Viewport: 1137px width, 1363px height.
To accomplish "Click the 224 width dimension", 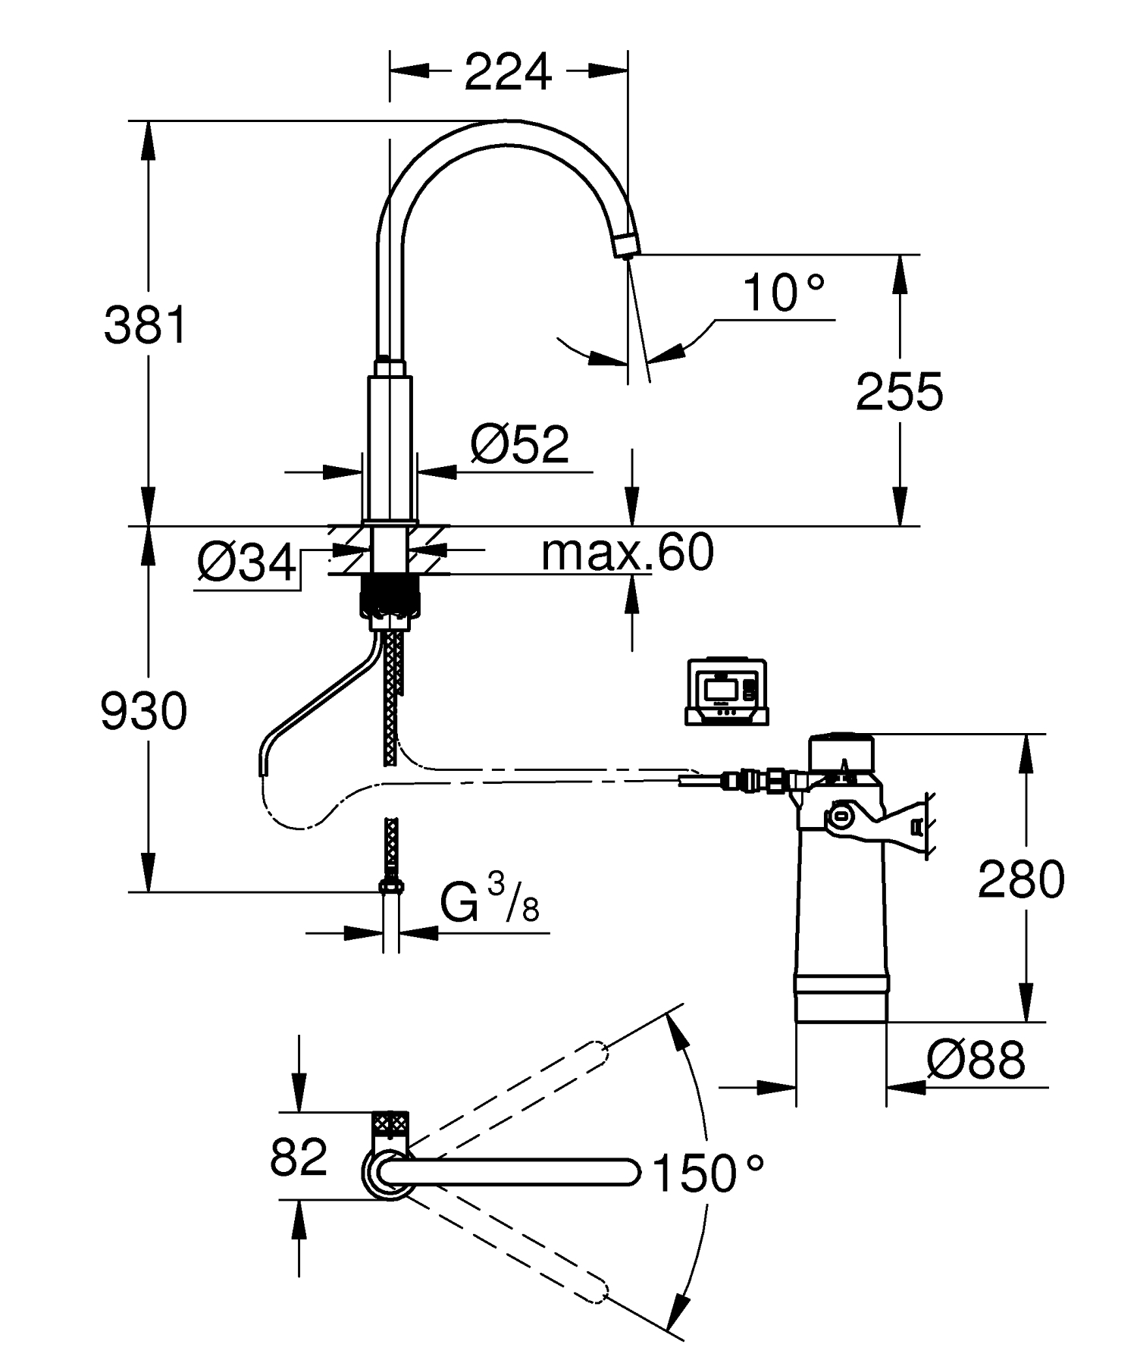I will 507,73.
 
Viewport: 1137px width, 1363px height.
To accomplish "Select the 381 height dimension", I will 145,325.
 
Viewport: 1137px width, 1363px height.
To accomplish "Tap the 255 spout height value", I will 899,393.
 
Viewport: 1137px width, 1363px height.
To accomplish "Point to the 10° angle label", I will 782,293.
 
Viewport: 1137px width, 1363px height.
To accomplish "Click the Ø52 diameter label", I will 519,445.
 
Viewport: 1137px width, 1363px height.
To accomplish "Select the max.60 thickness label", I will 627,552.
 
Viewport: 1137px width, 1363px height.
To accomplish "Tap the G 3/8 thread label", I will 490,901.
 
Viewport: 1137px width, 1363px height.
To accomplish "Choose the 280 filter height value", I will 1020,880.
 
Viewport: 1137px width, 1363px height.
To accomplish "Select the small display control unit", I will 726,691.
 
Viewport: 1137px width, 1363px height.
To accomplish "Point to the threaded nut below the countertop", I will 390,597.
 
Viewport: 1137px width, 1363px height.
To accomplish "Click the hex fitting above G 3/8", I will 390,885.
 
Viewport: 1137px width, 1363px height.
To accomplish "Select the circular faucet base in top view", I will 388,1173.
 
